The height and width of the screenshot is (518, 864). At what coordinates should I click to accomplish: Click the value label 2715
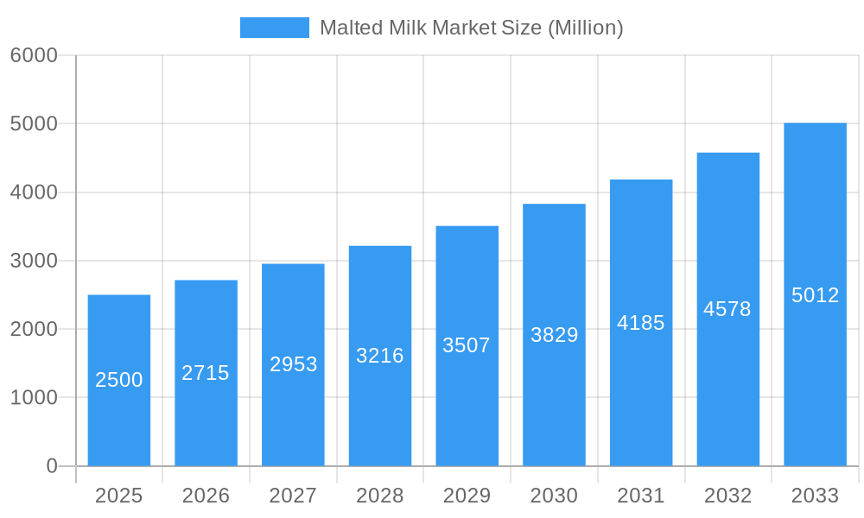click(x=206, y=373)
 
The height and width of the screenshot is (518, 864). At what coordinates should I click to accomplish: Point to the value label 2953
click(x=294, y=364)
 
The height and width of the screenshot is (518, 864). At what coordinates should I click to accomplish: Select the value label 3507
click(x=467, y=345)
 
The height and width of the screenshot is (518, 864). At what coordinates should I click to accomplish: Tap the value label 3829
click(x=554, y=335)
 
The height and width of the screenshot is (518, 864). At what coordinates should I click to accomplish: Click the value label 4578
click(x=727, y=309)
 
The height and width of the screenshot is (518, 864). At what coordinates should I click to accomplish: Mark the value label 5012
click(x=815, y=295)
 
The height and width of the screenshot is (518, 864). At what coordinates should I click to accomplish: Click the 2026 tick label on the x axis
click(x=206, y=496)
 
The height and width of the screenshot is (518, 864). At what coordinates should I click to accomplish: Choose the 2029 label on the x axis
click(x=467, y=496)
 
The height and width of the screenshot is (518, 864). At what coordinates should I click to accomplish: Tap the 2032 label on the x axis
click(x=727, y=496)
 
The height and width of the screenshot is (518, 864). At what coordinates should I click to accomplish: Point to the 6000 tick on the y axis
click(x=34, y=55)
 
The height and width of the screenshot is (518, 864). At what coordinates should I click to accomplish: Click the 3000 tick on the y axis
click(x=34, y=261)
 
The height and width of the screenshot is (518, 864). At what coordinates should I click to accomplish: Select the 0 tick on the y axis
click(x=51, y=466)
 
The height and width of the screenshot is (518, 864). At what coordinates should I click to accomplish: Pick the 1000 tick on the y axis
click(x=34, y=398)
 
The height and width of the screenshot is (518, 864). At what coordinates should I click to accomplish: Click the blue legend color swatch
click(x=274, y=28)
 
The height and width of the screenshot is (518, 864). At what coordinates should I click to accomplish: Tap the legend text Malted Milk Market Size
click(x=471, y=28)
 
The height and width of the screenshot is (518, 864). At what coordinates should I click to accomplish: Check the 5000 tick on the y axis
click(x=34, y=123)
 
